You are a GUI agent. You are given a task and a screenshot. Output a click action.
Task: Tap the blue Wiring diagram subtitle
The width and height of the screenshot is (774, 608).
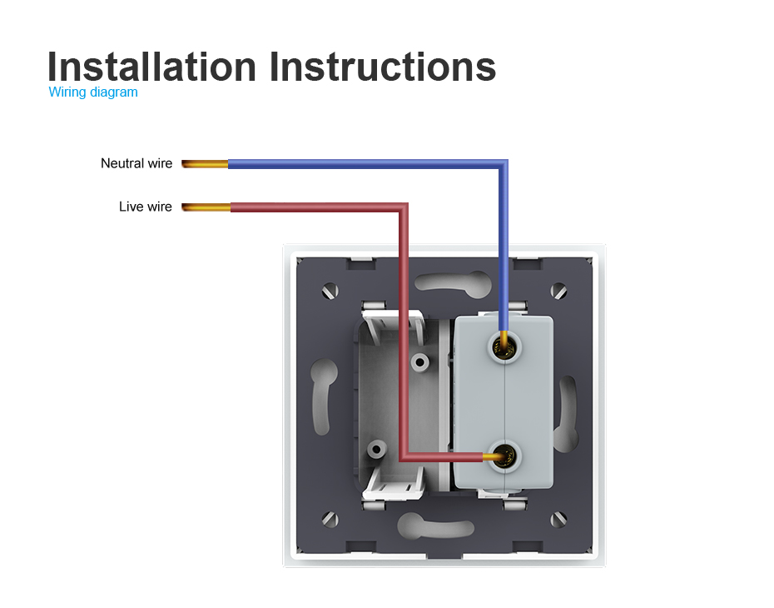[x=93, y=92]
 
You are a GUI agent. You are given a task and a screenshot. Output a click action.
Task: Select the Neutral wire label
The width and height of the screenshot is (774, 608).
[x=136, y=163]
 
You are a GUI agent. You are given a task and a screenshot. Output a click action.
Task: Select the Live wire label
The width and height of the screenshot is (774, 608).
[x=145, y=207]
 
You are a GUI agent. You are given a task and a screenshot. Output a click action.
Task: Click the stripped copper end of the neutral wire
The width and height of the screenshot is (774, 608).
[x=205, y=164]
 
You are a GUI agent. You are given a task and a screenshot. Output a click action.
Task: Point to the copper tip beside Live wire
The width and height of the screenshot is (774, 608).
[x=206, y=207]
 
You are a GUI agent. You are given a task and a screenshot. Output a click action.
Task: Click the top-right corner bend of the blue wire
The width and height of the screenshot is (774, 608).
[x=503, y=164]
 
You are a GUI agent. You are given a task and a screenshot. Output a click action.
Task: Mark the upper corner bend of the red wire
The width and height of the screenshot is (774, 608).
[x=404, y=207]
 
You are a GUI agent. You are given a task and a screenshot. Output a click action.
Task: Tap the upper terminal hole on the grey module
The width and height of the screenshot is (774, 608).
[x=504, y=348]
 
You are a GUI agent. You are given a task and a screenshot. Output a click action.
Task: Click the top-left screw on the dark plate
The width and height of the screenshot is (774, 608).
[x=330, y=291]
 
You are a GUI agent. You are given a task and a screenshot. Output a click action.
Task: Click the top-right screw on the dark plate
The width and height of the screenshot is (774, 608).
[x=558, y=291]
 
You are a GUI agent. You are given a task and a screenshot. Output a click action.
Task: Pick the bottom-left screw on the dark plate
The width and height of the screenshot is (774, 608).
[x=330, y=519]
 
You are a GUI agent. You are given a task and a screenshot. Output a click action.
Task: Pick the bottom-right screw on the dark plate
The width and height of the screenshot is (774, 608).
[x=558, y=519]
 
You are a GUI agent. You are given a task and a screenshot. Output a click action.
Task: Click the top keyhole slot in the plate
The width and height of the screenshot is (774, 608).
[x=452, y=283]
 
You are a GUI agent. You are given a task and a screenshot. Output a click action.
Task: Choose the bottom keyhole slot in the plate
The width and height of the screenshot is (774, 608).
[x=435, y=526]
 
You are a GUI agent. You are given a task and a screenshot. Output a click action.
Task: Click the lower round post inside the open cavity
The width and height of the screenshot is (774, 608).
[x=377, y=450]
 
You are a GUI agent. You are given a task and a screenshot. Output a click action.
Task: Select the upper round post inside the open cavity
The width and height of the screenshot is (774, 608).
[x=420, y=363]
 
